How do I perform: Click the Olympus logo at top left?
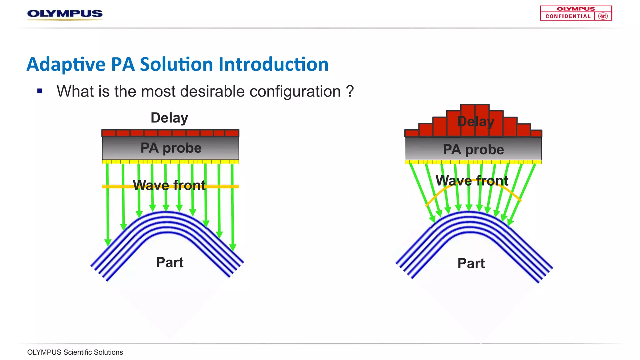point(65,14)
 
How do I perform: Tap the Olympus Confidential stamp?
point(576,13)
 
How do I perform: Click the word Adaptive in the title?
point(66,64)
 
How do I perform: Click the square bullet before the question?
point(40,91)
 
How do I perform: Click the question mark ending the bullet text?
point(350,92)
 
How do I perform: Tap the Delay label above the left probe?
point(169,118)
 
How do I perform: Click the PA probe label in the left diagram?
point(171,148)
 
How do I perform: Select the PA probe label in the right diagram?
point(473,150)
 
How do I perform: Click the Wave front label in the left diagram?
point(169,185)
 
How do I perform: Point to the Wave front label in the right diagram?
point(472,181)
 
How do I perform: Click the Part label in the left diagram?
point(170,262)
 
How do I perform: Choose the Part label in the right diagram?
point(471,263)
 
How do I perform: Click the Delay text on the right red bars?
point(476,122)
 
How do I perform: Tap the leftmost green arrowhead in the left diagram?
point(108,242)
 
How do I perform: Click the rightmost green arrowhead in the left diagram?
point(233,247)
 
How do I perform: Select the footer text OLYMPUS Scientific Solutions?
point(75,352)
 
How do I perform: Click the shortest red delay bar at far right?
point(536,133)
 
